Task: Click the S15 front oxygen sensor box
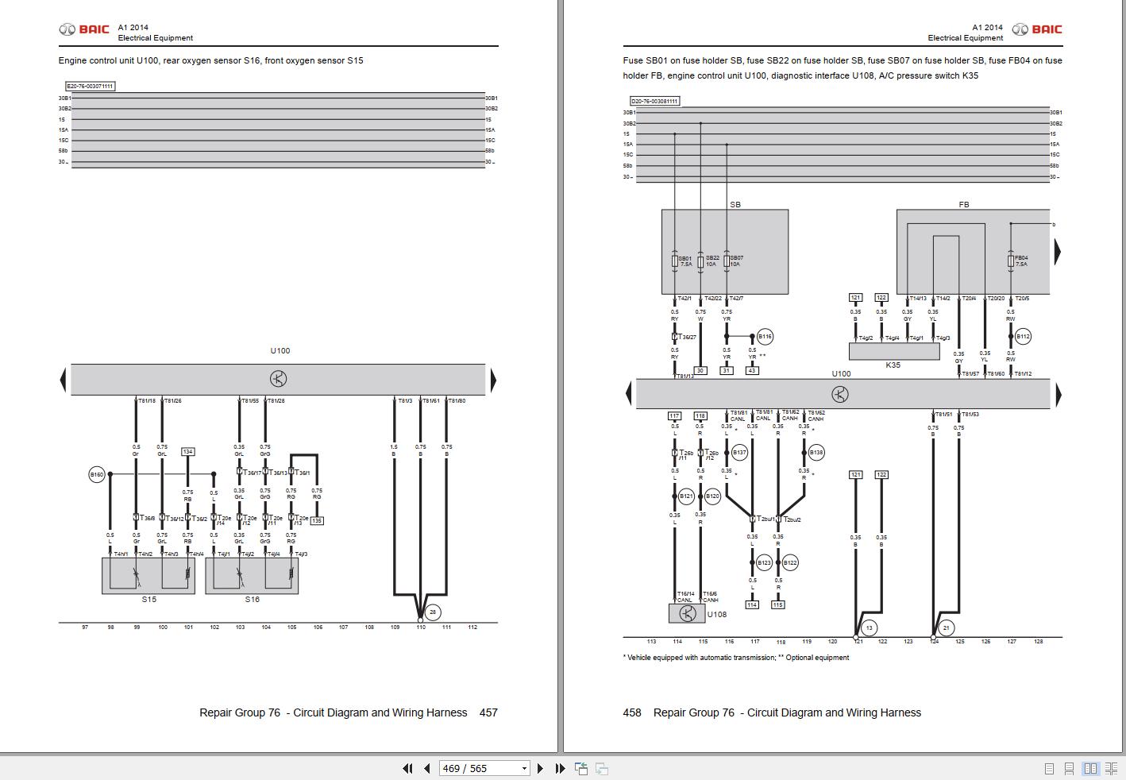pos(148,575)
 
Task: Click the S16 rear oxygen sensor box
pos(252,575)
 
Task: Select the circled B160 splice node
pos(96,474)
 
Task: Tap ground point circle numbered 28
pos(433,612)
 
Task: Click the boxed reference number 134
pos(187,451)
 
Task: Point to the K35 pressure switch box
pos(893,351)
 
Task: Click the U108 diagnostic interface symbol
pos(687,613)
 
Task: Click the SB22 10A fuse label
pos(712,261)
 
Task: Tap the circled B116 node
pos(764,337)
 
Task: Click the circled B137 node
pos(739,453)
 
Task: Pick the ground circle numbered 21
pos(946,627)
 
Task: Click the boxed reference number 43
pos(752,370)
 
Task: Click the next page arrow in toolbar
pos(540,768)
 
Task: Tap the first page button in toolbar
pos(407,768)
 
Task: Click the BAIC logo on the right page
pos(1036,29)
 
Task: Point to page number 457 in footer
pos(488,712)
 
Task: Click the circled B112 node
pos(1023,337)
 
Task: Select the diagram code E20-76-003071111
pos(91,86)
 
